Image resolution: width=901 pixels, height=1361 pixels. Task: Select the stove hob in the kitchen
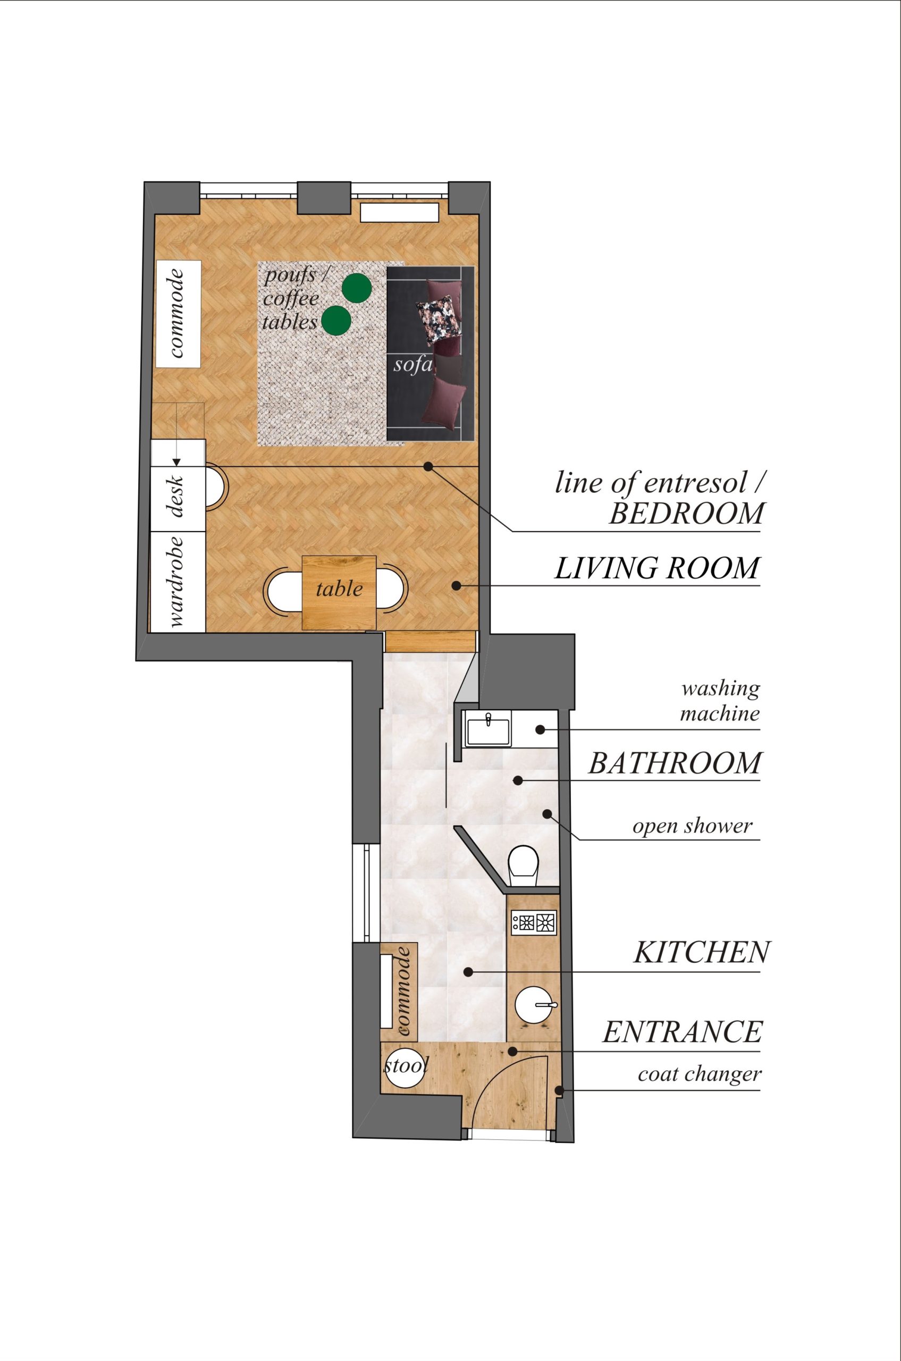coord(534,923)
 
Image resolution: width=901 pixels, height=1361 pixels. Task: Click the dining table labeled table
coord(339,593)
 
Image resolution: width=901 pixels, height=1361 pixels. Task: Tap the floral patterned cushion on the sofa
coord(439,321)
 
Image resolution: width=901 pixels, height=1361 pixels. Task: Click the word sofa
coord(412,364)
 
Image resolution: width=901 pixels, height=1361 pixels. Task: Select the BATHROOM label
coord(675,763)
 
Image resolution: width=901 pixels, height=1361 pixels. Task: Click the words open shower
coord(693,827)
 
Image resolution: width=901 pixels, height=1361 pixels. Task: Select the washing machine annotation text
coord(720,701)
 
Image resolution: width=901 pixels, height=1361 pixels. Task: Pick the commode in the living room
coord(178,314)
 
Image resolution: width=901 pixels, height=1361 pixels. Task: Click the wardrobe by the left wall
coord(178,581)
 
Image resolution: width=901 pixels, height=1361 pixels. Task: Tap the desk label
coord(178,497)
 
